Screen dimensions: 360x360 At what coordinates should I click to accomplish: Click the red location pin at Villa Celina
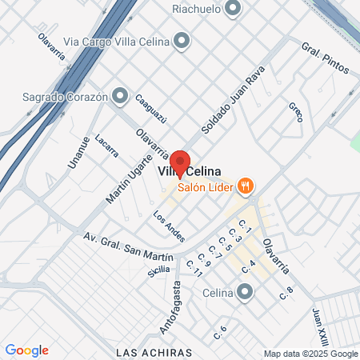pyautogui.click(x=179, y=161)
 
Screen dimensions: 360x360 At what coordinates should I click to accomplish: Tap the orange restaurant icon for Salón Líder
pyautogui.click(x=246, y=186)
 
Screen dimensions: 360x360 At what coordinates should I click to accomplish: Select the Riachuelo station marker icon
pyautogui.click(x=234, y=10)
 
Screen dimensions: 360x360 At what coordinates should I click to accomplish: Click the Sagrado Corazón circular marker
pyautogui.click(x=121, y=96)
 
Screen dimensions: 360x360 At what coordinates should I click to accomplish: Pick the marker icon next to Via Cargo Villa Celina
pyautogui.click(x=182, y=41)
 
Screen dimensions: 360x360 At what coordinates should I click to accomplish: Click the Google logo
pyautogui.click(x=26, y=350)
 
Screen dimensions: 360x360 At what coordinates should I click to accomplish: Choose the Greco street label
pyautogui.click(x=295, y=111)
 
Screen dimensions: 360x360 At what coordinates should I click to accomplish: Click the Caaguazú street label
pyautogui.click(x=150, y=108)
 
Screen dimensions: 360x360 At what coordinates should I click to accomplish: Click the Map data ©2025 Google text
pyautogui.click(x=311, y=354)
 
